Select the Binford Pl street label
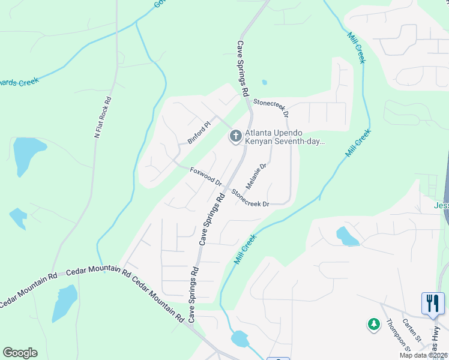click(x=199, y=133)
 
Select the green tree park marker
click(x=373, y=325)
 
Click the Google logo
click(x=20, y=353)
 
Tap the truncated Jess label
click(x=441, y=205)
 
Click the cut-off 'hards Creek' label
click(x=19, y=82)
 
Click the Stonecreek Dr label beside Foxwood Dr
click(x=250, y=199)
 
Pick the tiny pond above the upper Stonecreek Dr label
click(x=264, y=83)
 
